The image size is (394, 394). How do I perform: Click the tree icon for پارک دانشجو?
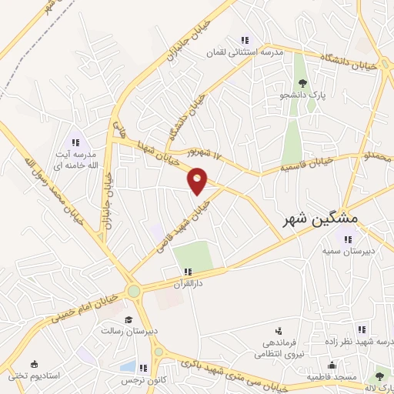click(x=302, y=82)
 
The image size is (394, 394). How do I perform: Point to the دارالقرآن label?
click(x=188, y=284)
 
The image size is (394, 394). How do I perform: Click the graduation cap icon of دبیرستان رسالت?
click(x=129, y=319)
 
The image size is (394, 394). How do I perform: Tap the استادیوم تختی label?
click(x=34, y=376)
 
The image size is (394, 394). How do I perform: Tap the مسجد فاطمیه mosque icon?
click(x=332, y=366)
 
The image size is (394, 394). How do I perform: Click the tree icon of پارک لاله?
click(x=378, y=376)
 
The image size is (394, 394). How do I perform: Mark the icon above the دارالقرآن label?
click(x=188, y=272)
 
